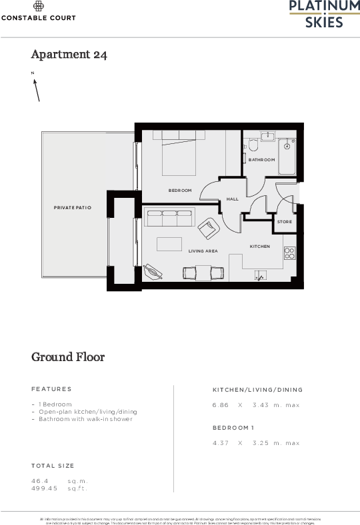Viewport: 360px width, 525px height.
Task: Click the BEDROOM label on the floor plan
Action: [180, 191]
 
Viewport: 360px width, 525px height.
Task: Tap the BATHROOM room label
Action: [261, 160]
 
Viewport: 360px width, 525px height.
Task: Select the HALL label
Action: [232, 199]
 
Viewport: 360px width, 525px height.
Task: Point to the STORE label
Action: [285, 222]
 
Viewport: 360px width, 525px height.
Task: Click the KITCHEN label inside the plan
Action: [260, 247]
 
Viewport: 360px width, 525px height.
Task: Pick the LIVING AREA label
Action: [203, 251]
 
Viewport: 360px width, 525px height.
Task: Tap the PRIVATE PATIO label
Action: [72, 208]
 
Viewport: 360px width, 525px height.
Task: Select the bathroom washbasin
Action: [267, 136]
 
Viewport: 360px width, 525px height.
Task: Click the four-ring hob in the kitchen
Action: [290, 253]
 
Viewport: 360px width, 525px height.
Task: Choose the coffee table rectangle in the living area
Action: [169, 244]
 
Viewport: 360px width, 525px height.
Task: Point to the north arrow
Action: [37, 89]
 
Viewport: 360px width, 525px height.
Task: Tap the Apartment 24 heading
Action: [69, 55]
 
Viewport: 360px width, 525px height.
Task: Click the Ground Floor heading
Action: [68, 357]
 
